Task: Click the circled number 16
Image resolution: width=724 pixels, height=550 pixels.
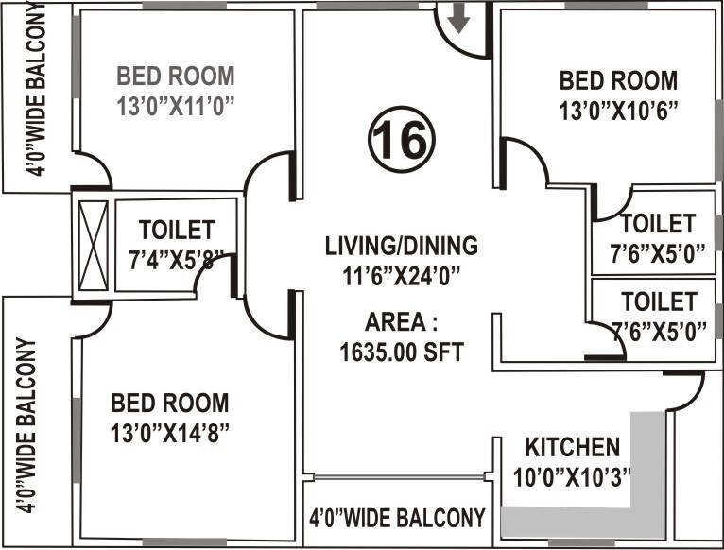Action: [x=402, y=140]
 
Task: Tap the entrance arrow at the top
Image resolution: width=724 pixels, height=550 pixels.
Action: [x=458, y=19]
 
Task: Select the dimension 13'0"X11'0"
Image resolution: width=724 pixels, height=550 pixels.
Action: [x=176, y=106]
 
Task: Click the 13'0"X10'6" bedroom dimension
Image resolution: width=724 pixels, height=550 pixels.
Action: [x=618, y=111]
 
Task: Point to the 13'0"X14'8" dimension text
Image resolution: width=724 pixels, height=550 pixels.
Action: [x=170, y=433]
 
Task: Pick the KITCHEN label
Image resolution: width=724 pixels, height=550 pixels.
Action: [x=573, y=447]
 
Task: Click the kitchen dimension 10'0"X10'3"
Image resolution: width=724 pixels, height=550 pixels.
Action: [x=572, y=476]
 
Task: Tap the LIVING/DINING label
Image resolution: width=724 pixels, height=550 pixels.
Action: [x=402, y=246]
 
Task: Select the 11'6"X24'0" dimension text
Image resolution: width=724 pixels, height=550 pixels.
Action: [x=402, y=276]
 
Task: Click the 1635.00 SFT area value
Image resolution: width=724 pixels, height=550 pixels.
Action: [x=402, y=352]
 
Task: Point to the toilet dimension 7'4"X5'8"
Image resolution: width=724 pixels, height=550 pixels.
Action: [x=177, y=261]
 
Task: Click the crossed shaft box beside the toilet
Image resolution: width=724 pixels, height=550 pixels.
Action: [x=94, y=246]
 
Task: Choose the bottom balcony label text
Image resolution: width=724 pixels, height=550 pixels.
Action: [x=398, y=517]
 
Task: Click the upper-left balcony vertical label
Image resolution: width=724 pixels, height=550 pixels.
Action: [x=36, y=90]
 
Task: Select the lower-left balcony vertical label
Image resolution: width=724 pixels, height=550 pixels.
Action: [x=26, y=425]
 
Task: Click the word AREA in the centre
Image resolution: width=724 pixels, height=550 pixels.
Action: [x=401, y=322]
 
